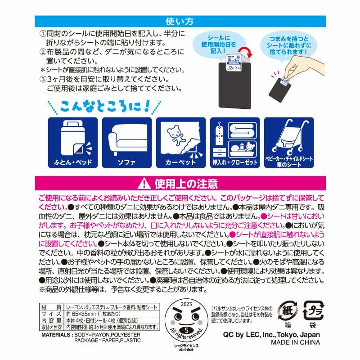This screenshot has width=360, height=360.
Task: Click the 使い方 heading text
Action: pos(180,21)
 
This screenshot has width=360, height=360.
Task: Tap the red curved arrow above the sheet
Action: pos(243,55)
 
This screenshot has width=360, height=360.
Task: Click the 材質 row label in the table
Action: pos(48,306)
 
